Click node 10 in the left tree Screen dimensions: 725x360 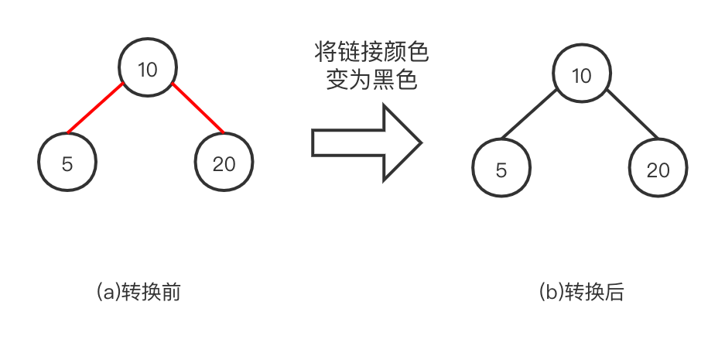coord(147,70)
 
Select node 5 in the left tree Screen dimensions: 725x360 coord(67,163)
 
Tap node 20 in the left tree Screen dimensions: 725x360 coord(224,163)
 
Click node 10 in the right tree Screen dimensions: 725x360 coord(581,75)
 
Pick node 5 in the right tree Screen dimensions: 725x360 coord(501,170)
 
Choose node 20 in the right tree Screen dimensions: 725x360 coord(658,170)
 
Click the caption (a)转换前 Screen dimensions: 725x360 coord(139,292)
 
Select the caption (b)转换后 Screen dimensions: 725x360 coord(581,292)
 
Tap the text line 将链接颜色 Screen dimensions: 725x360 coord(371,53)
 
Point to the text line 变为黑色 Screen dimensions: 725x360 coord(371,80)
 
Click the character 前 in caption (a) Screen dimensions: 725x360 coord(171,292)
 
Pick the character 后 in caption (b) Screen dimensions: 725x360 coord(614,292)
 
